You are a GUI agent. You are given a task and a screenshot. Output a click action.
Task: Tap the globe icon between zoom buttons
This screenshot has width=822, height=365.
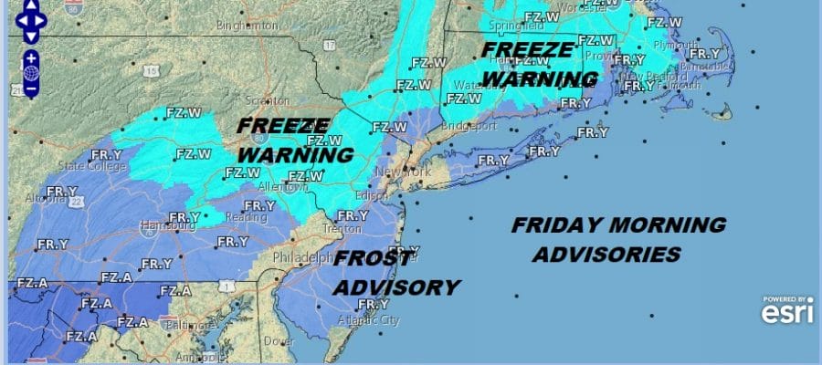point(31,72)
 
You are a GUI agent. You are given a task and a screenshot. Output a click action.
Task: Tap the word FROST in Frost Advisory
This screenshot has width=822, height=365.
point(371,259)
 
